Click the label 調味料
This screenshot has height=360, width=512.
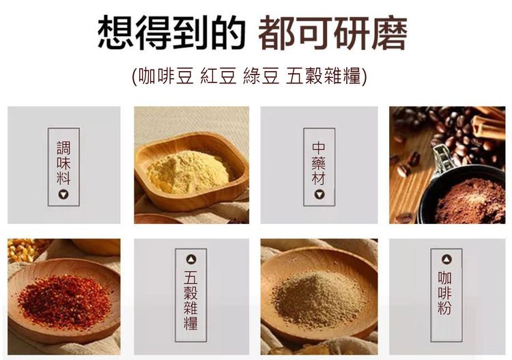point(63,163)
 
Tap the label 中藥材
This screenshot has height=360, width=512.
point(319,163)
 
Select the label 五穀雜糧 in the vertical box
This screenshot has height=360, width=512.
point(190,300)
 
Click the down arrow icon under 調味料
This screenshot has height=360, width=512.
point(63,195)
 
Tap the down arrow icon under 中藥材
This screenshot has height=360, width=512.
point(319,195)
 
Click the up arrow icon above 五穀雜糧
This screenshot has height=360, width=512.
point(191,260)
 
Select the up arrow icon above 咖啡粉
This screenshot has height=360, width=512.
point(446,260)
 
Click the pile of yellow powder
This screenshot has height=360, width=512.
point(188,172)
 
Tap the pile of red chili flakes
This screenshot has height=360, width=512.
point(64,301)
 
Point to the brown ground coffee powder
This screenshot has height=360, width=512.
point(470,202)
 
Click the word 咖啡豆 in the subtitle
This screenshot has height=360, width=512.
point(166,76)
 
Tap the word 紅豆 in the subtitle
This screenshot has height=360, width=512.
point(218,76)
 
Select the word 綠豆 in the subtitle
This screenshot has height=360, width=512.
point(261,76)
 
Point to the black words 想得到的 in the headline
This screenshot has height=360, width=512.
point(172,33)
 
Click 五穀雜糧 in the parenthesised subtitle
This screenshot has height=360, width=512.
point(324,76)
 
